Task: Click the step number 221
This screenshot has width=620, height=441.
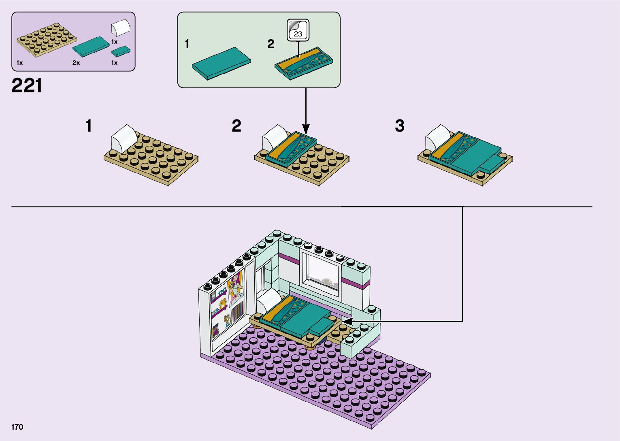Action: (27, 85)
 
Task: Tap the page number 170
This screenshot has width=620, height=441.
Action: (17, 427)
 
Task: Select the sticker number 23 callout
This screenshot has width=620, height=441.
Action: (298, 30)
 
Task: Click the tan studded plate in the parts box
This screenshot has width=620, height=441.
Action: (47, 40)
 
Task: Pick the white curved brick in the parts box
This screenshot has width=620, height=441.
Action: (121, 27)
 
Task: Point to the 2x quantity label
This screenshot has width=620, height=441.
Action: (76, 63)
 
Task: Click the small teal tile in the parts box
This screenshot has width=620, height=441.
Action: (121, 51)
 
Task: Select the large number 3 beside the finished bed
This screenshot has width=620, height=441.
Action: (399, 126)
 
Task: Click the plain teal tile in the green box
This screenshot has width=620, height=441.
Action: (221, 63)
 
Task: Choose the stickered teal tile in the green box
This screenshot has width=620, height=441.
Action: (304, 64)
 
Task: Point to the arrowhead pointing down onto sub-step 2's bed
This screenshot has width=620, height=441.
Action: (306, 129)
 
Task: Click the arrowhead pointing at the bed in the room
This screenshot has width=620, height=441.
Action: (347, 322)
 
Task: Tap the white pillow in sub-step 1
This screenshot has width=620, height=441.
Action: (124, 138)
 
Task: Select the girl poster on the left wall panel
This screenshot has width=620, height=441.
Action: (235, 288)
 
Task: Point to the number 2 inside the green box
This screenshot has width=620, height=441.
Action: (271, 44)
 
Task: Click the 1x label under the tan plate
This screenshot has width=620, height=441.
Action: (20, 63)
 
